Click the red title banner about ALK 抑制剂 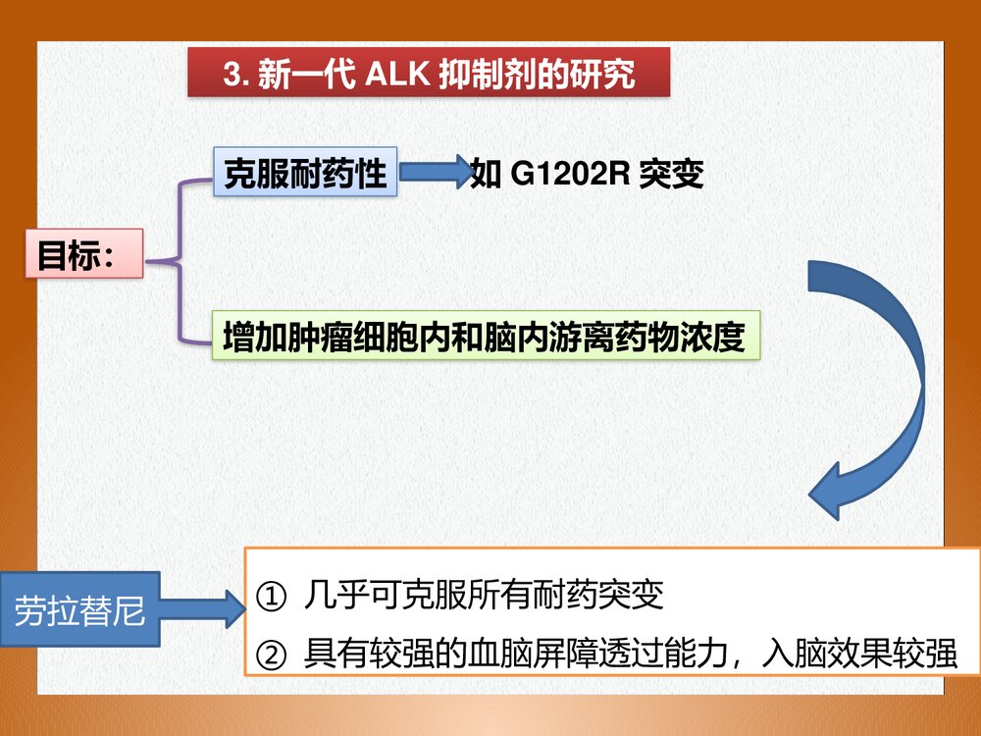coord(429,74)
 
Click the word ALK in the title coord(397,75)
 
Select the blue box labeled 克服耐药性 coord(305,174)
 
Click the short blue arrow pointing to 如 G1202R coord(434,173)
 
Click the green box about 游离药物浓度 coord(488,337)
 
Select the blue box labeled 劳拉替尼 coord(80,612)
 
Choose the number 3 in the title coord(231,75)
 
